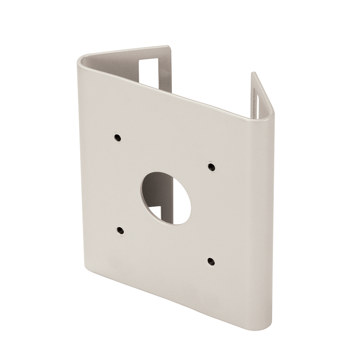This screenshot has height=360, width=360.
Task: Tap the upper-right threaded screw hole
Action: [210, 166]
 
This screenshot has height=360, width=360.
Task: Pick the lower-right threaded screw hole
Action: [210, 261]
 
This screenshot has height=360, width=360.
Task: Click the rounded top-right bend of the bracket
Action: [272, 114]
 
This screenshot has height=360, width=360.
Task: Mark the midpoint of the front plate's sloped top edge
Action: [174, 88]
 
